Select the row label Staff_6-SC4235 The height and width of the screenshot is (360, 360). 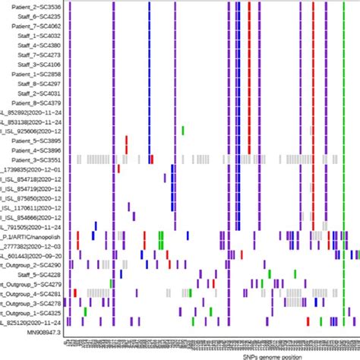[x=38, y=16]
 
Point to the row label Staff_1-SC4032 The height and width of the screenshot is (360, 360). [x=38, y=36]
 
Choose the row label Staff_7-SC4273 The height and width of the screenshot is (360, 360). [x=38, y=55]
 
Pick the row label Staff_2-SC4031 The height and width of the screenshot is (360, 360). [x=38, y=95]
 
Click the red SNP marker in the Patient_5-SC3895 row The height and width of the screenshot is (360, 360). [x=127, y=141]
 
